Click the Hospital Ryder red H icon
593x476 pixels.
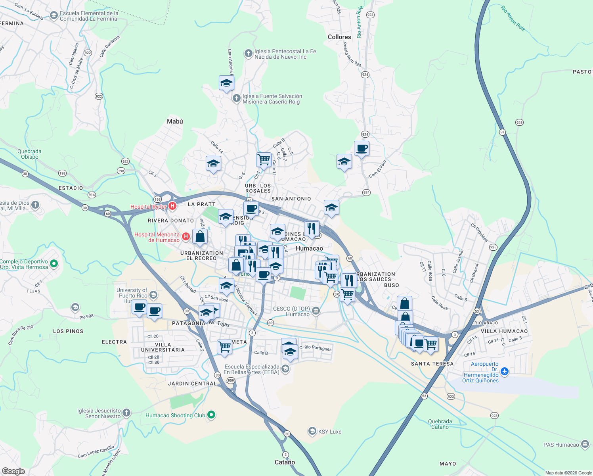(x=172, y=206)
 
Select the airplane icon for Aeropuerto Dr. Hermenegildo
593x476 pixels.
(x=504, y=372)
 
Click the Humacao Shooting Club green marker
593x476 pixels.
(x=211, y=415)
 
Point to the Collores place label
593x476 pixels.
(x=339, y=37)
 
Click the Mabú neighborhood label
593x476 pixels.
(x=175, y=121)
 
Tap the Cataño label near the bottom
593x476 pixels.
(x=285, y=462)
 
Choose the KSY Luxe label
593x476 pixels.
(x=329, y=432)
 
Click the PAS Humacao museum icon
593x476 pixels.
(x=585, y=444)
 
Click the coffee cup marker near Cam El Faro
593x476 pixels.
(x=362, y=149)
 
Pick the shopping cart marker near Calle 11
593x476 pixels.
(x=264, y=160)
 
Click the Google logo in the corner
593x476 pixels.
(x=13, y=471)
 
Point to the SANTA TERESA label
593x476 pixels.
(x=432, y=364)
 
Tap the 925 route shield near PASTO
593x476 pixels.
(x=519, y=123)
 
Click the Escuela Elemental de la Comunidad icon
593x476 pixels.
(x=54, y=15)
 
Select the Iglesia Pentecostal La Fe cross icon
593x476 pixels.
(x=249, y=54)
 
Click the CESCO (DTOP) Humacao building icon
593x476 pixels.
(x=316, y=311)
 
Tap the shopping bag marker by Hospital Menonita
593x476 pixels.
(x=200, y=237)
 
